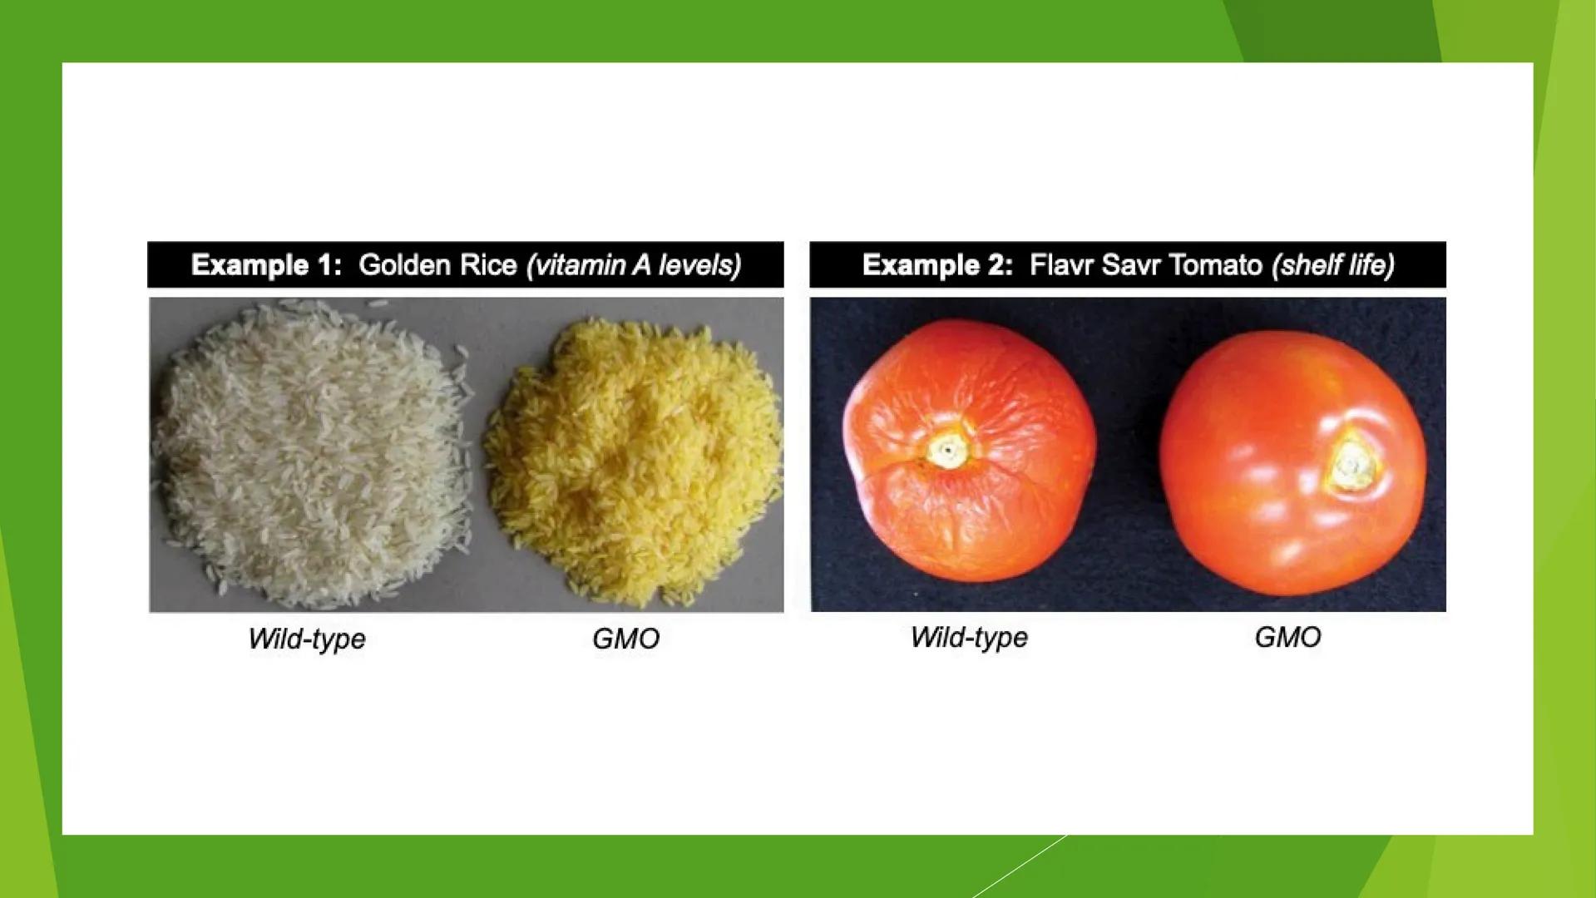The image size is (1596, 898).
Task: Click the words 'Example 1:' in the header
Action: (266, 265)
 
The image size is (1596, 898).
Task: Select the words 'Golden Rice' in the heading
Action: (437, 265)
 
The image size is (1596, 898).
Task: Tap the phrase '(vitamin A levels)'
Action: (634, 265)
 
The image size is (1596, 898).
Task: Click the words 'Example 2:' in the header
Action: (937, 265)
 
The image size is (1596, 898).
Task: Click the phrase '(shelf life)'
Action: (1333, 265)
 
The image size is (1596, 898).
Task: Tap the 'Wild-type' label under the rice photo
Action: (307, 639)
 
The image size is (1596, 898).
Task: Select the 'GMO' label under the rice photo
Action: (625, 639)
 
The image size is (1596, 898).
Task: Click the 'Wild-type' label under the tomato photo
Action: (969, 638)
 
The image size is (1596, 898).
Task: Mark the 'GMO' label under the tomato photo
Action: (1287, 638)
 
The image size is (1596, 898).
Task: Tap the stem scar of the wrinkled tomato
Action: (947, 450)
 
